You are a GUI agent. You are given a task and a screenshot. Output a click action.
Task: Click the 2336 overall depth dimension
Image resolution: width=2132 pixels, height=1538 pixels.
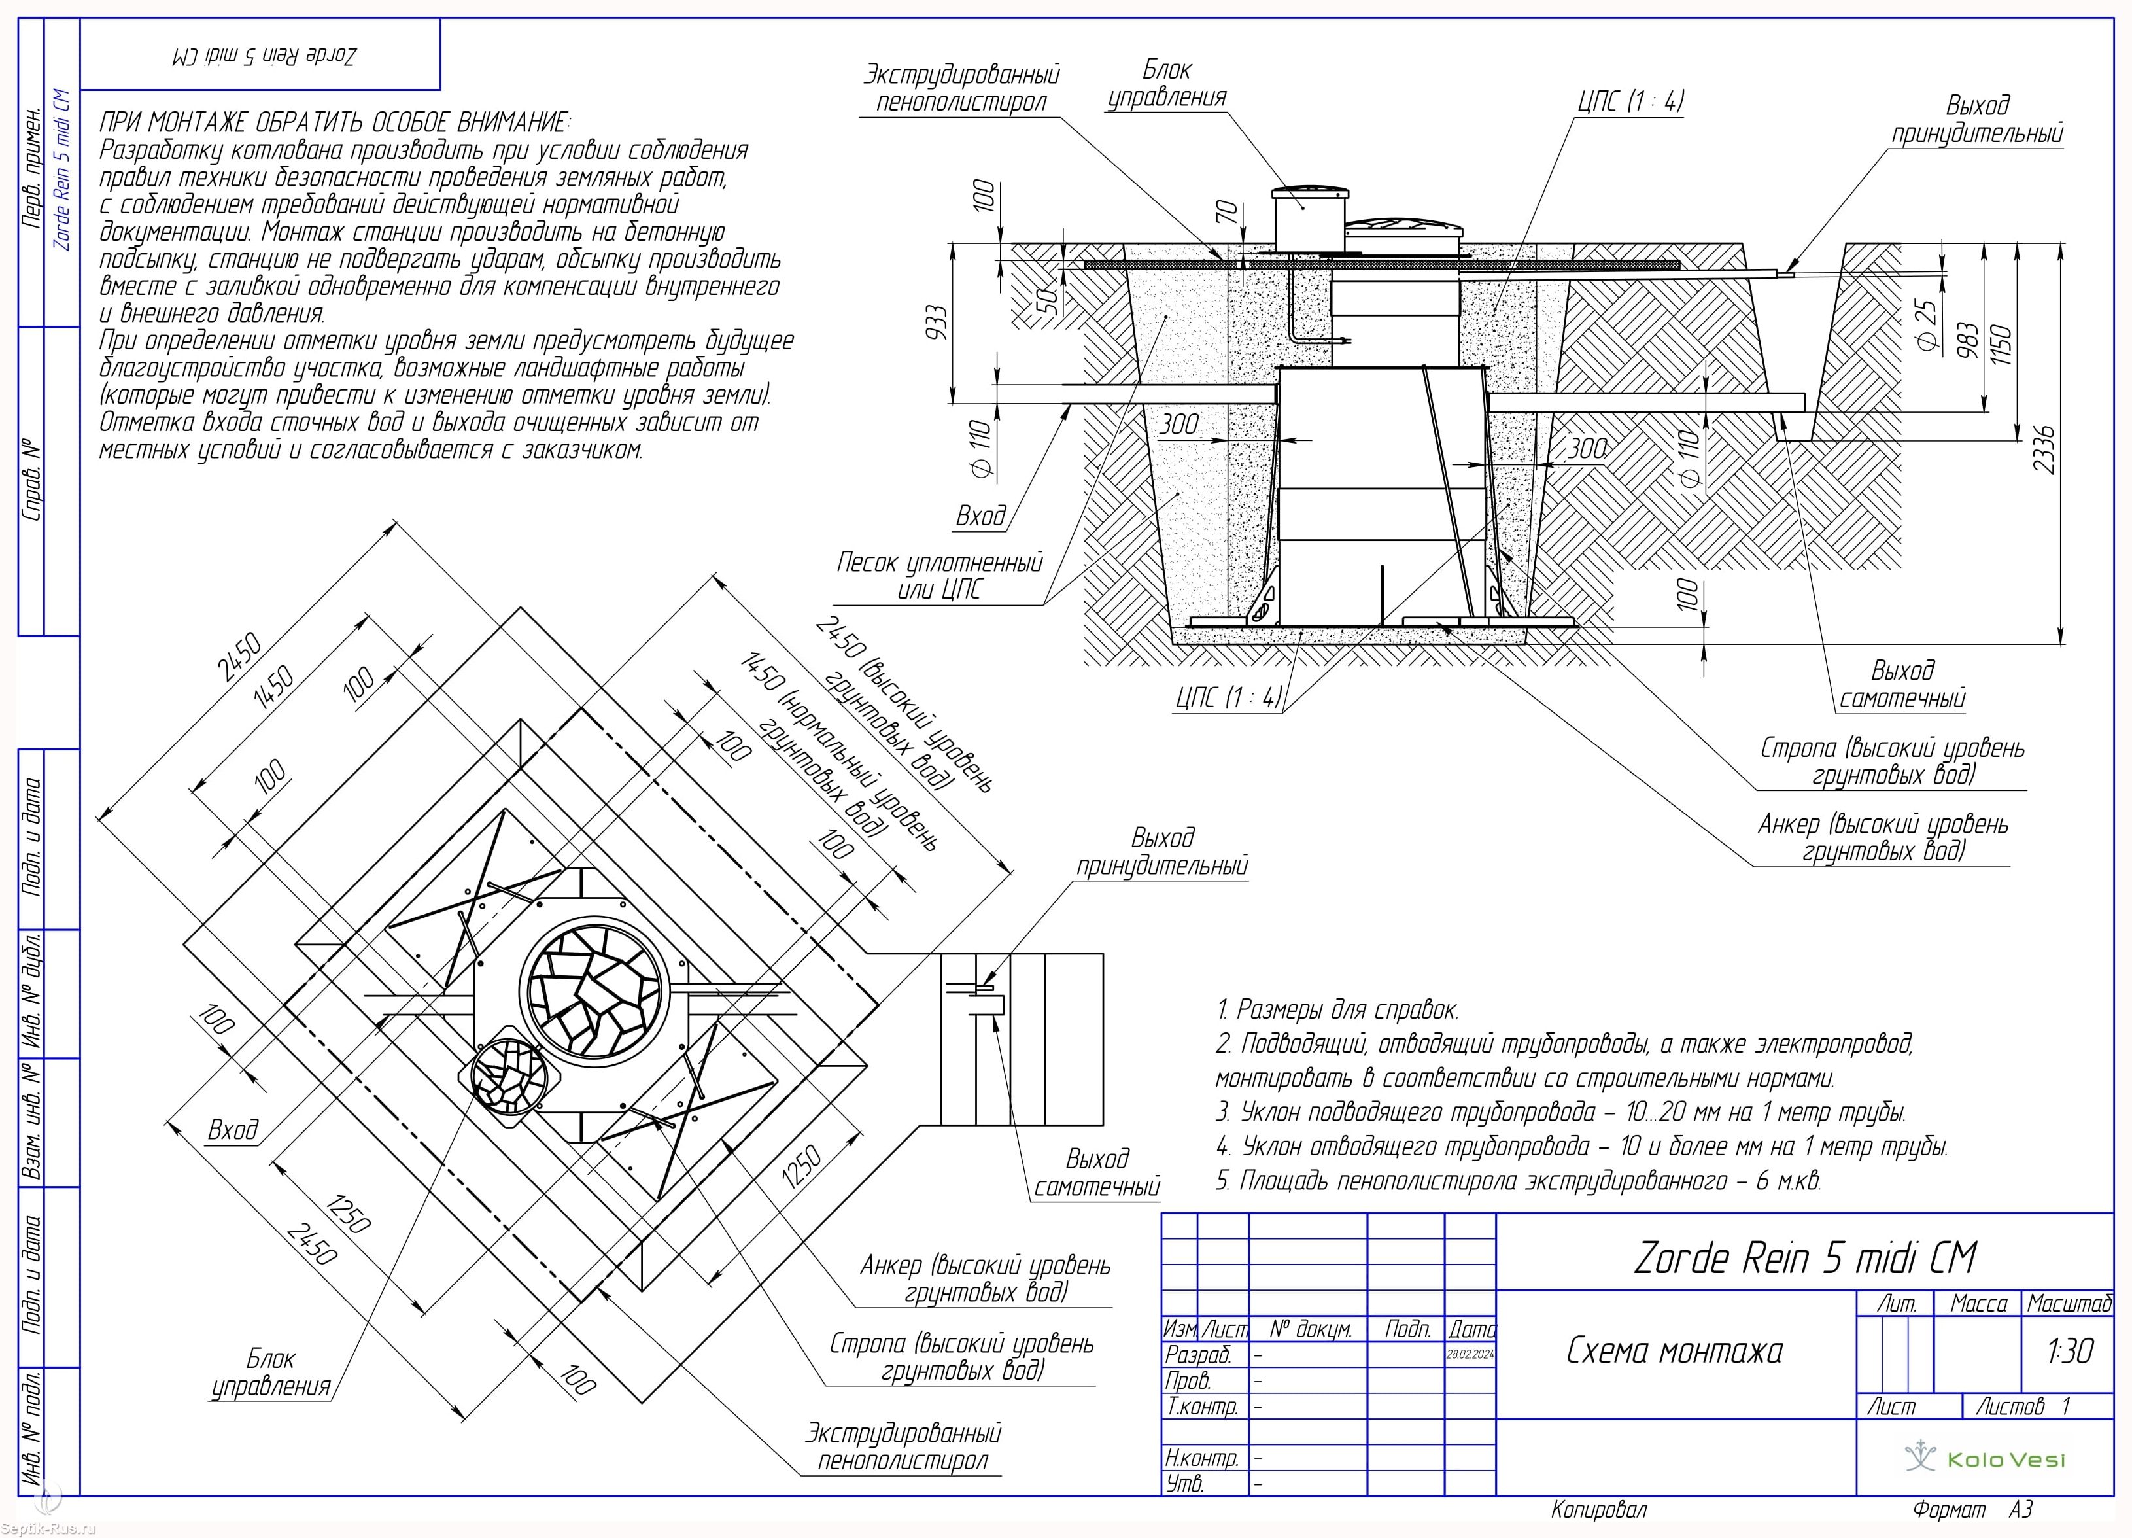pyautogui.click(x=2044, y=450)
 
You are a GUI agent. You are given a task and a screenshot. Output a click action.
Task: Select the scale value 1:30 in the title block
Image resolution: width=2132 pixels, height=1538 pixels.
pyautogui.click(x=2069, y=1352)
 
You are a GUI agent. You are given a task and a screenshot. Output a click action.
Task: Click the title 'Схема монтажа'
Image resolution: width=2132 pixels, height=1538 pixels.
pyautogui.click(x=1674, y=1351)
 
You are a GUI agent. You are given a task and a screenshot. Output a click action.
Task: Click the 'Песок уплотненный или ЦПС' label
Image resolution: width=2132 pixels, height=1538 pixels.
pyautogui.click(x=939, y=575)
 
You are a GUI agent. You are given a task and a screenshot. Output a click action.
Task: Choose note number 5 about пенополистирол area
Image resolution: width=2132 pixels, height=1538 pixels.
pyautogui.click(x=1518, y=1181)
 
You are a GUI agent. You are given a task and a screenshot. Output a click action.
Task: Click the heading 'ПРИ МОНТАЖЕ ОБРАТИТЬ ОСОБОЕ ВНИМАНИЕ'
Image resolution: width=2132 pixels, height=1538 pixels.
pyautogui.click(x=335, y=122)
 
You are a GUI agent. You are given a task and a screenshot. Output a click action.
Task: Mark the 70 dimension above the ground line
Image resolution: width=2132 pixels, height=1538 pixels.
pyautogui.click(x=1226, y=213)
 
